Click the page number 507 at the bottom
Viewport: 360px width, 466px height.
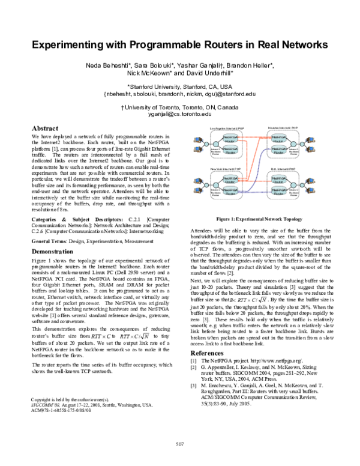179,444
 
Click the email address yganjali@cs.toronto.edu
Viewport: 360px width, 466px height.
179,113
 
